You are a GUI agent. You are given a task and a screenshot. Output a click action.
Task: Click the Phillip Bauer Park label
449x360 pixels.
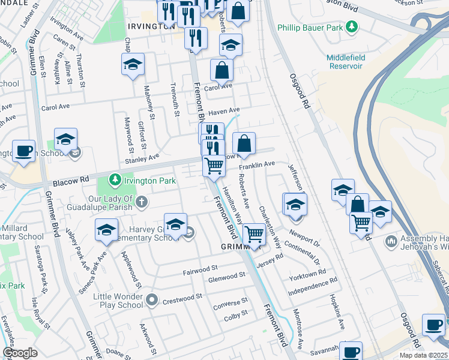(310, 28)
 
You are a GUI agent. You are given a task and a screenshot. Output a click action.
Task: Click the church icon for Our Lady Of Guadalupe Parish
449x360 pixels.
(141, 201)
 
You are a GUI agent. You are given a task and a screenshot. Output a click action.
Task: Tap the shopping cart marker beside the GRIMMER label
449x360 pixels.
(255, 234)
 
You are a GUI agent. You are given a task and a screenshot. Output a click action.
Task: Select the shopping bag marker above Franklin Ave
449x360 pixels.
(244, 144)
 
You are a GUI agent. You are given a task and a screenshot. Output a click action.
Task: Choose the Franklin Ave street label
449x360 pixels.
(256, 164)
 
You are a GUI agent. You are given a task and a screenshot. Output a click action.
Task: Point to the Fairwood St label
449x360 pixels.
(200, 270)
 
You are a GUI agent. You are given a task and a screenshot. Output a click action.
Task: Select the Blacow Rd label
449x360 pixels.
(70, 181)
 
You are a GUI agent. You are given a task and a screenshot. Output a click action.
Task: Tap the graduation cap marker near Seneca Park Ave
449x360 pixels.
(106, 230)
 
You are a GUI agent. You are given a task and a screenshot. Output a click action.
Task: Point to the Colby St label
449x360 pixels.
(236, 314)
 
